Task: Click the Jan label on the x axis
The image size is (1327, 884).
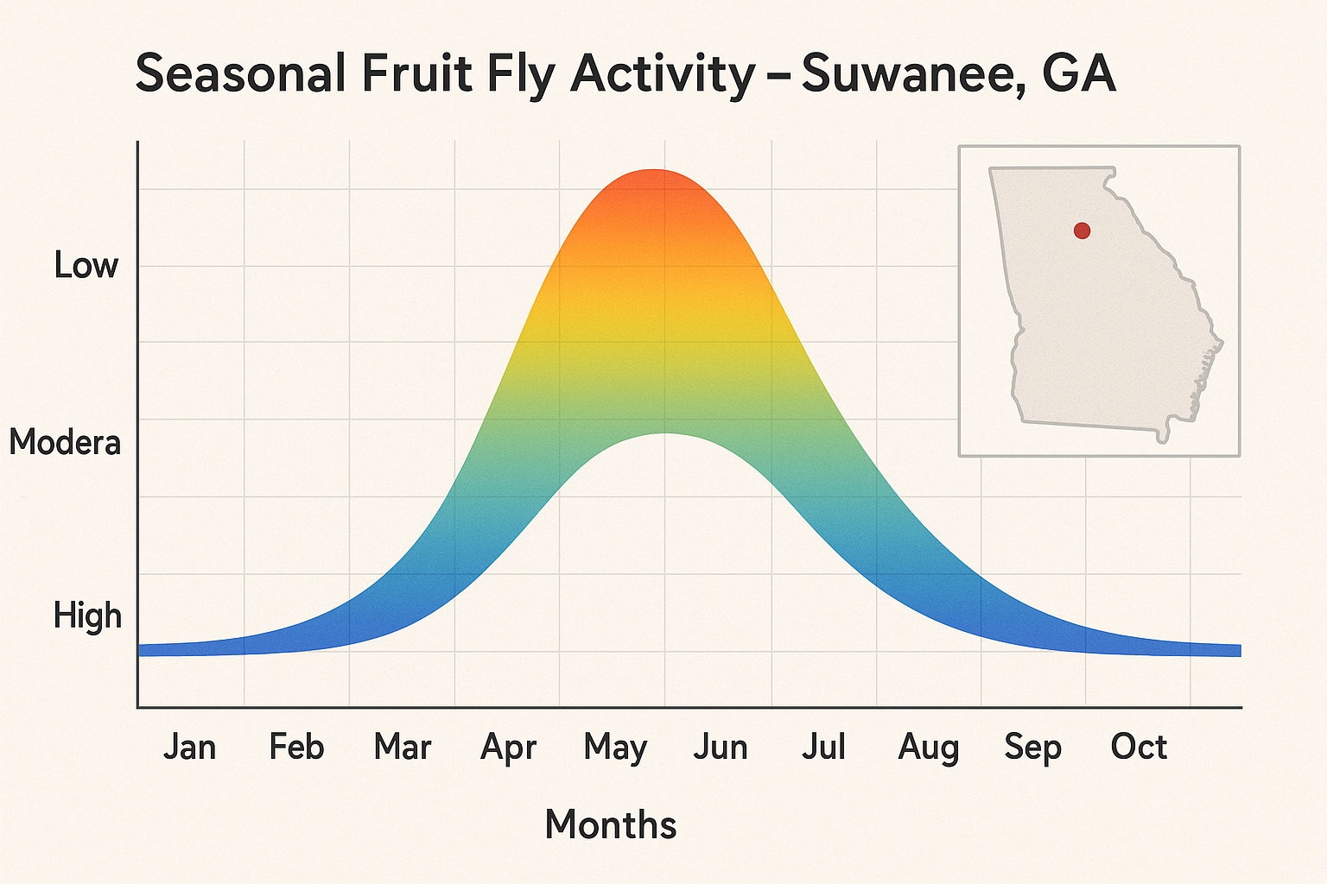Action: (x=189, y=747)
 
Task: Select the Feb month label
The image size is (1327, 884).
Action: (x=296, y=747)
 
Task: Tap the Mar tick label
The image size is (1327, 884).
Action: (x=403, y=747)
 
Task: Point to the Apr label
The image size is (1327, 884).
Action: (x=508, y=748)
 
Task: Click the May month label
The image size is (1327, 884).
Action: (x=615, y=748)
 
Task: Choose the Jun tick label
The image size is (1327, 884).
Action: (x=721, y=747)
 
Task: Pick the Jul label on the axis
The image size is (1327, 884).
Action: (x=823, y=747)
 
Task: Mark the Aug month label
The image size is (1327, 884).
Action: (x=929, y=748)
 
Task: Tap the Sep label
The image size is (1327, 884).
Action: (x=1033, y=748)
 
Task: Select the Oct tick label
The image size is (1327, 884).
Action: (x=1139, y=747)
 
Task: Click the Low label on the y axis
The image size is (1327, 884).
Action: (x=86, y=265)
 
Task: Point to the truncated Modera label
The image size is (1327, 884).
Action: (x=65, y=442)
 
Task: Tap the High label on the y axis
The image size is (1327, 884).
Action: (x=87, y=616)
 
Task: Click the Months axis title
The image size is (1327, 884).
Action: (x=611, y=824)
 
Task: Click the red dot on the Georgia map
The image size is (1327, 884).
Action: (x=1082, y=230)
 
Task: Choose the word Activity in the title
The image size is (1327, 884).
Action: (x=663, y=75)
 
